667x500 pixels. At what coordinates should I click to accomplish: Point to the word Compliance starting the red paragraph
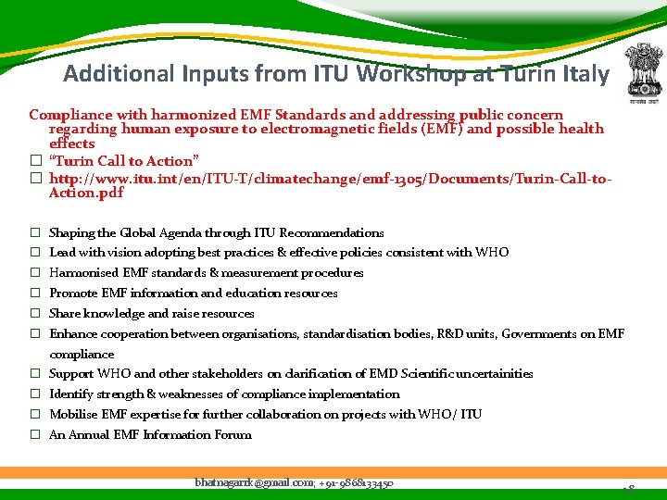(69, 115)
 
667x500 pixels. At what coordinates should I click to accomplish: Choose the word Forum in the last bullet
(233, 435)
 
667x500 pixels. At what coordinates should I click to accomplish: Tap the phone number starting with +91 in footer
(357, 482)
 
